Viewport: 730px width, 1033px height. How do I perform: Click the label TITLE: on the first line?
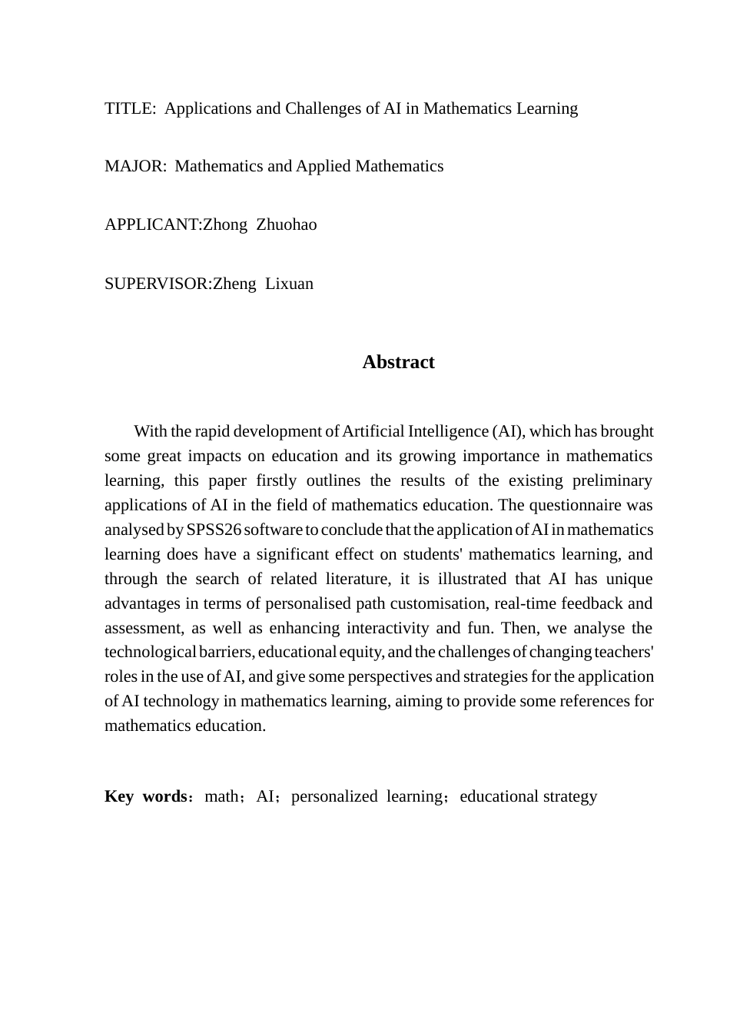[129, 108]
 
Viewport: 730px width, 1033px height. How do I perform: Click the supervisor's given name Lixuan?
[289, 284]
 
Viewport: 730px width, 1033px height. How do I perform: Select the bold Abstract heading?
[398, 362]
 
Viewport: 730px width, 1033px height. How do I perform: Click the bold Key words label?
[145, 796]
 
